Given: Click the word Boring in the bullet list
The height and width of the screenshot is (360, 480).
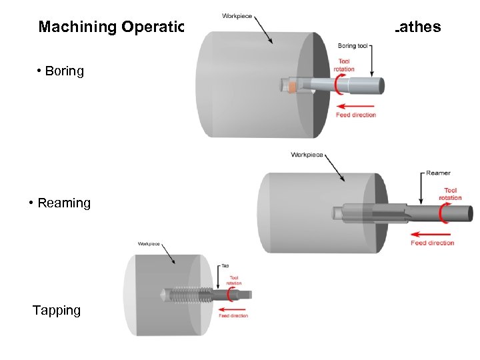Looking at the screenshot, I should coord(65,71).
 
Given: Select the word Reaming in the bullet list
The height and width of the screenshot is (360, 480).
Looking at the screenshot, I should coord(64,203).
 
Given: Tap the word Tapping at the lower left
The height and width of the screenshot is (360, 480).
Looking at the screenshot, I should coord(57,310).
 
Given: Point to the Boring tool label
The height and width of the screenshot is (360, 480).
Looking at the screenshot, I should coord(353,46).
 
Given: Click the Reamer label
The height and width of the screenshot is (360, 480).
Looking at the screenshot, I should coord(438,173).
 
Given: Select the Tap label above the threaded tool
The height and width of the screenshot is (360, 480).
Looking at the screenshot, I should coord(225,265).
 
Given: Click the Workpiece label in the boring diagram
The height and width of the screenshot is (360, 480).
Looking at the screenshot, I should coord(238,16).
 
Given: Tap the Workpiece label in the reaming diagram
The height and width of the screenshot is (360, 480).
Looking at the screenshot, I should coord(307,155).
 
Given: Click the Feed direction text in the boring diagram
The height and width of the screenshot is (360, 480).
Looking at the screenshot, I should coord(356,115).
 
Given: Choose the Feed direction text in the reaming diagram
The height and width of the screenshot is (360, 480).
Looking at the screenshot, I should coord(433,243).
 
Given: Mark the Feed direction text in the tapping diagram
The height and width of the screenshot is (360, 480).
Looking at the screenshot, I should coord(234,315).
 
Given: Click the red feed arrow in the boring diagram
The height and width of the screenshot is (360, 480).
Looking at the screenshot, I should coord(356,105).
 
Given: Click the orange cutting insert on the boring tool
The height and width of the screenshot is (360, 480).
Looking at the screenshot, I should coord(292,87).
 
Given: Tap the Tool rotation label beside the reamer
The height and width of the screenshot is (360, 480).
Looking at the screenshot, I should coord(451,194).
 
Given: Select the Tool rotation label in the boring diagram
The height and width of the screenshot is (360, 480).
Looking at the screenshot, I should coord(345,65).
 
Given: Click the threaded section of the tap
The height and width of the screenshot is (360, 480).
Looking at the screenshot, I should coord(190,293).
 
